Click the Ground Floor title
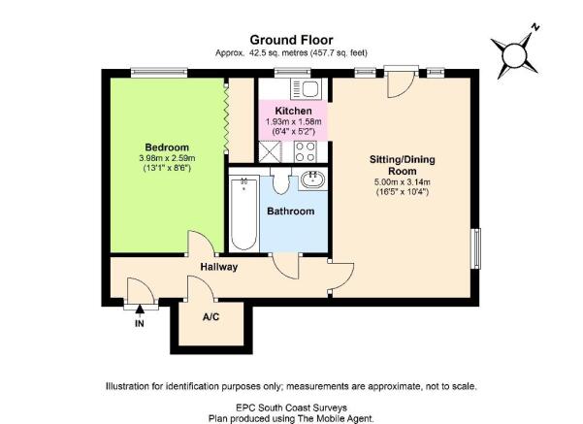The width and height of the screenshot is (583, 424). (x=291, y=40)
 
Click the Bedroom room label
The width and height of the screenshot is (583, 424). (x=167, y=147)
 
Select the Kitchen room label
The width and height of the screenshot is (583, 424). (x=293, y=111)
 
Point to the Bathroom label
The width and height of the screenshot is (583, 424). (x=291, y=212)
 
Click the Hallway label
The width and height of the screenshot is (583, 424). (x=219, y=267)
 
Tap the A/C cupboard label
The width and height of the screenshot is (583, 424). (x=211, y=317)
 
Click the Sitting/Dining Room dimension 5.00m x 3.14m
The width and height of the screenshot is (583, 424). (x=403, y=182)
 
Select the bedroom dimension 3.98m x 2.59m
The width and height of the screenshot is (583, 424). (x=167, y=158)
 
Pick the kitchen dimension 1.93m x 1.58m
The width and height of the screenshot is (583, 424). (x=293, y=121)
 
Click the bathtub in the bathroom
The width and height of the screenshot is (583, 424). (x=243, y=214)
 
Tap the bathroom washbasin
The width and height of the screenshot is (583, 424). (x=312, y=179)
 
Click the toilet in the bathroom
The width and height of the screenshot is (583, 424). (x=280, y=180)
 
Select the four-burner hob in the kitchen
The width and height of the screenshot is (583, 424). (x=306, y=151)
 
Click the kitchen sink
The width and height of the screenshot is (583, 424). (x=306, y=89)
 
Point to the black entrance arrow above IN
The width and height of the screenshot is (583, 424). (x=140, y=310)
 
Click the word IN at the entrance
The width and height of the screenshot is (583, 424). (x=140, y=324)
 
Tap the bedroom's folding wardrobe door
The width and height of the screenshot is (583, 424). (x=226, y=117)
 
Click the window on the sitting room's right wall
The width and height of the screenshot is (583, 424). (x=476, y=248)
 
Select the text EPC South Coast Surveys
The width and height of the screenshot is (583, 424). (x=291, y=408)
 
